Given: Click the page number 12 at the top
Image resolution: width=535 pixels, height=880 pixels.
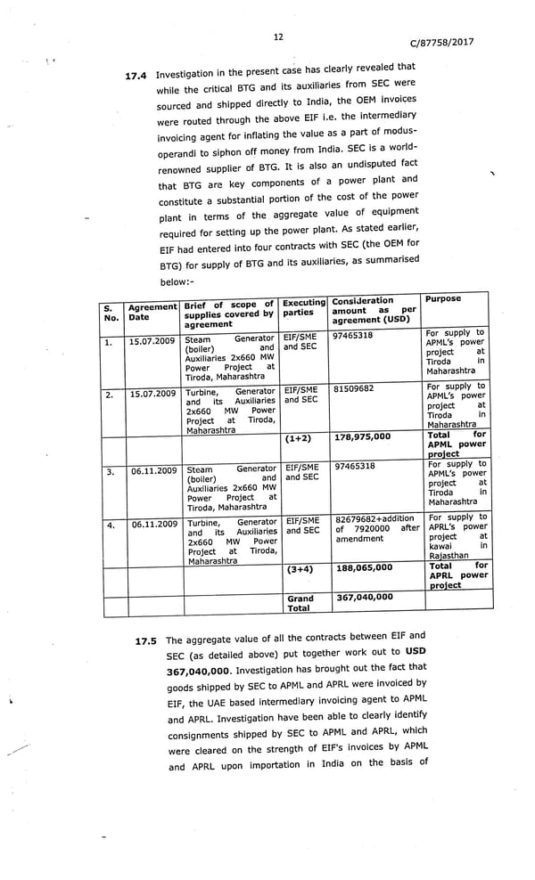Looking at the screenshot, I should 278,37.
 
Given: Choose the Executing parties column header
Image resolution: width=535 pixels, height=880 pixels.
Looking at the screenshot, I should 303,308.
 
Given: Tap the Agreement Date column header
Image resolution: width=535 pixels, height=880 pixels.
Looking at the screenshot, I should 152,312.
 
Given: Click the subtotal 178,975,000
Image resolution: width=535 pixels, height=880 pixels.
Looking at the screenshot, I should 363,437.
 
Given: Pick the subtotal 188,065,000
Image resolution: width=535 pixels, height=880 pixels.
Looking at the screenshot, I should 364,567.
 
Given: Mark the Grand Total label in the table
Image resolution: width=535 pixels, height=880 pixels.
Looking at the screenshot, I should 300,603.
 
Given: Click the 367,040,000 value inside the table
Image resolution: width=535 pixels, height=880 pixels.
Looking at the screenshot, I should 364,597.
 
